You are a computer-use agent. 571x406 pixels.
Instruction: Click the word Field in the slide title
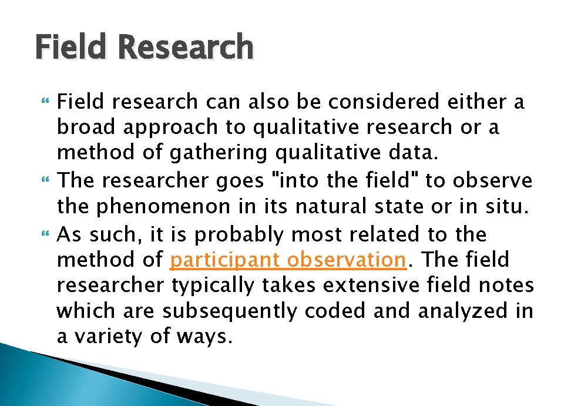coord(72,47)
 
